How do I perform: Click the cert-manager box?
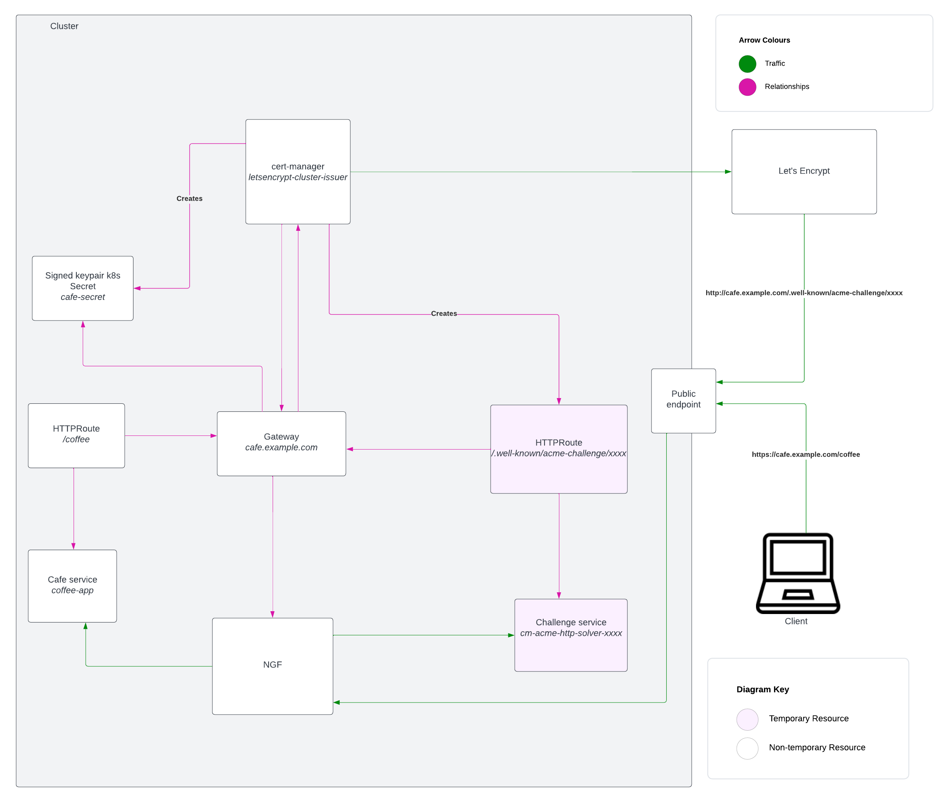(x=298, y=172)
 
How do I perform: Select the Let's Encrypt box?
(x=803, y=171)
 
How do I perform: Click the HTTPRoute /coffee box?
(x=76, y=435)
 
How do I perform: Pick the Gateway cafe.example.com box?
(x=281, y=444)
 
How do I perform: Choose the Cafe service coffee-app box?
(x=72, y=585)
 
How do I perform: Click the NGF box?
(x=272, y=665)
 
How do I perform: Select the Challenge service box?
(x=571, y=635)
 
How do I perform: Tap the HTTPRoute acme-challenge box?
(x=558, y=449)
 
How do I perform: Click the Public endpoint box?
(x=683, y=400)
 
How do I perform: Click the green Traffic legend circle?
(x=747, y=64)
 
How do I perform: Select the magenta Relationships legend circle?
(x=747, y=87)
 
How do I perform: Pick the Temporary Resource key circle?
(x=747, y=719)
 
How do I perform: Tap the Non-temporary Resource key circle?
(x=747, y=748)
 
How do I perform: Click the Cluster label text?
(x=64, y=26)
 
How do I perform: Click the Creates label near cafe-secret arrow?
(x=189, y=199)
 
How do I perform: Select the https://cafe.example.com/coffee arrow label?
(x=805, y=454)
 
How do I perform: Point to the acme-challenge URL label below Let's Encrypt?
(x=803, y=293)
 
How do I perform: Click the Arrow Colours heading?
(x=764, y=40)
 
